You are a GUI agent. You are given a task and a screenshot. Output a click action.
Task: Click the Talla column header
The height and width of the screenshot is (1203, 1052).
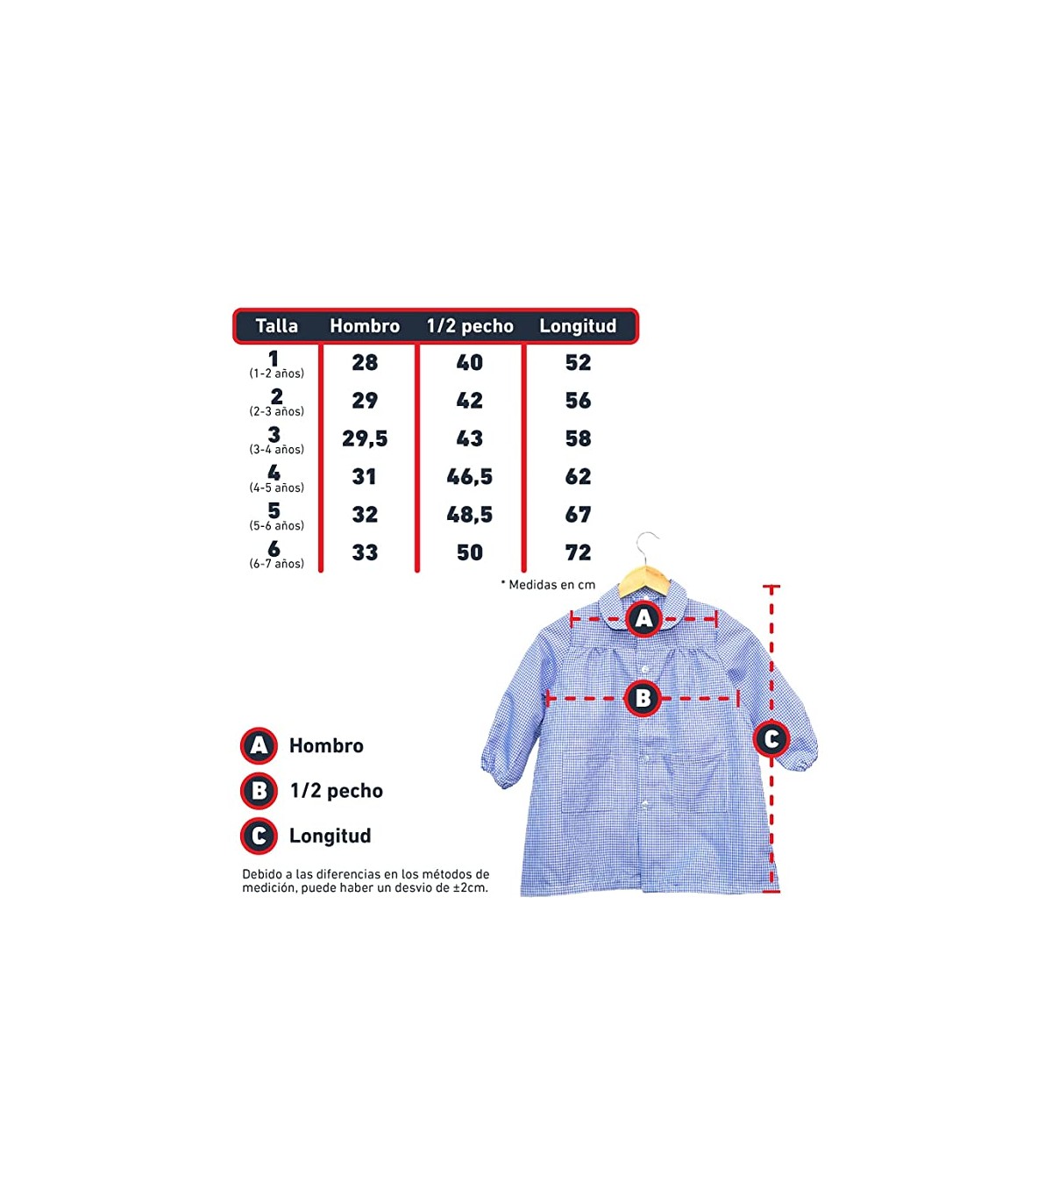[276, 325]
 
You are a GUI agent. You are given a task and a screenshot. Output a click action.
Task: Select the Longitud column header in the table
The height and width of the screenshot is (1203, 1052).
[578, 325]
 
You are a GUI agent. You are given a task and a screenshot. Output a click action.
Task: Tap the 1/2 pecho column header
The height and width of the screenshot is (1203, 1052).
[470, 325]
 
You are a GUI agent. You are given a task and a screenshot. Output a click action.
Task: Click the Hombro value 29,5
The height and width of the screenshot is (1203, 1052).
[365, 438]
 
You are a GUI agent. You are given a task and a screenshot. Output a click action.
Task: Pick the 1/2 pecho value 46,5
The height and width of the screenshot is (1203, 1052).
[470, 477]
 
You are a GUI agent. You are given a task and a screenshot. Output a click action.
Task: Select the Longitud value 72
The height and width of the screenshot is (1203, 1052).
[578, 552]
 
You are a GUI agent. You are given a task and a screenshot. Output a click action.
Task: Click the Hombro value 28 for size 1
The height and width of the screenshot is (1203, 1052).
[365, 363]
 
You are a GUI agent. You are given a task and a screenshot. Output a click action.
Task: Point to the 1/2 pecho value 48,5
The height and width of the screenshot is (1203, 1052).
[470, 515]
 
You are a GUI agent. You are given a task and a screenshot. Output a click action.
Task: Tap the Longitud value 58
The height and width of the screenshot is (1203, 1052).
[578, 438]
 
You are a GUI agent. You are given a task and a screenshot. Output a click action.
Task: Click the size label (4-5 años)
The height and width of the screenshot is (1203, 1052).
[277, 488]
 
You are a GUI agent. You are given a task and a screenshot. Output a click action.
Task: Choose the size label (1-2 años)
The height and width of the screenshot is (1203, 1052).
[277, 374]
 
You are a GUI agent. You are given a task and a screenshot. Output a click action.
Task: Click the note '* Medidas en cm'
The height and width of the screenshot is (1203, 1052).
[548, 585]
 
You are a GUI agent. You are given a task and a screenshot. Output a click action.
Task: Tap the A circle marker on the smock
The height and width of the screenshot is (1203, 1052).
[644, 618]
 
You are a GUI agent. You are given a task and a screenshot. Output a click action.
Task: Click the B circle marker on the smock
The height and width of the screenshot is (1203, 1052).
[643, 699]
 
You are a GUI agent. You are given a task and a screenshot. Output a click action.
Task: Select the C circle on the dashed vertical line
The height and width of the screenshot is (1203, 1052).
[771, 738]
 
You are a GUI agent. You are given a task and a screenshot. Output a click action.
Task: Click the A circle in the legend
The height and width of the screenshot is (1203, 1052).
[259, 746]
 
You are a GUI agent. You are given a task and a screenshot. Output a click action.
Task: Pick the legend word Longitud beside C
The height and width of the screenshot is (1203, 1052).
[331, 836]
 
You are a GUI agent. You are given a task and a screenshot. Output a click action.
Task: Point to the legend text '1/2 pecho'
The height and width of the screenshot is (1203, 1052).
[336, 791]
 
